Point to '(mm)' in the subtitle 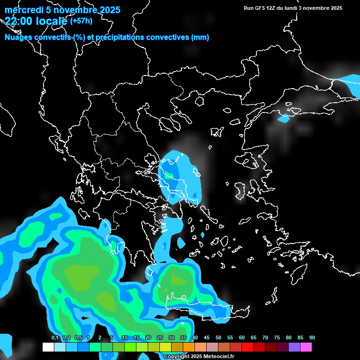tap(200, 37)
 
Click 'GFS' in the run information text tap(262, 8)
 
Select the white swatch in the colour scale tap(48, 347)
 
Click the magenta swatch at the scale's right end tap(306, 347)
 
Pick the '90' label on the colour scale tap(312, 338)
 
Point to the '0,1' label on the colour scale tap(55, 338)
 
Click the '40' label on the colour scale tap(195, 338)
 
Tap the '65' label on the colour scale tap(254, 338)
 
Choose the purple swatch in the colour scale tap(294, 347)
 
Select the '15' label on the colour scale tap(136, 338)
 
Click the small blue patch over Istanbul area tap(284, 119)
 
